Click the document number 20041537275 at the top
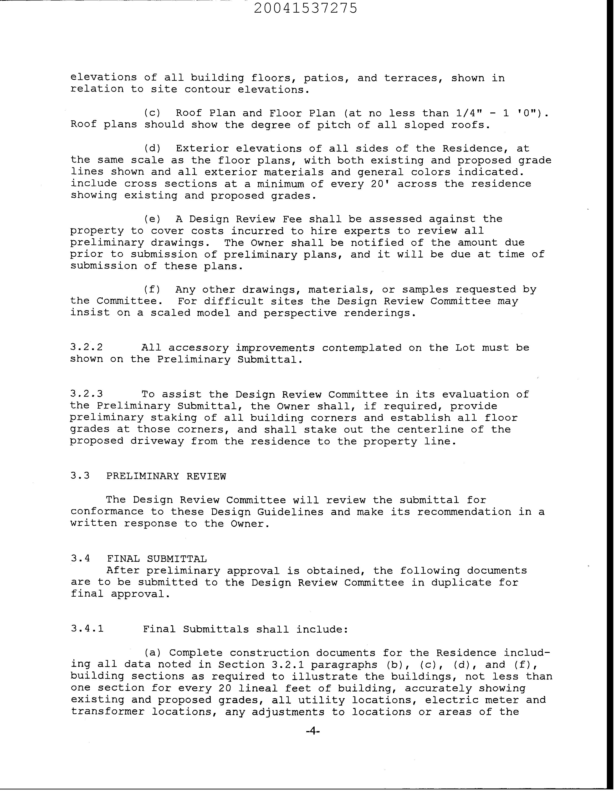[x=305, y=8]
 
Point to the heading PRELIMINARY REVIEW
[x=166, y=476]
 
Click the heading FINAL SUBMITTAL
[x=157, y=559]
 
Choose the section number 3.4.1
[x=87, y=629]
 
